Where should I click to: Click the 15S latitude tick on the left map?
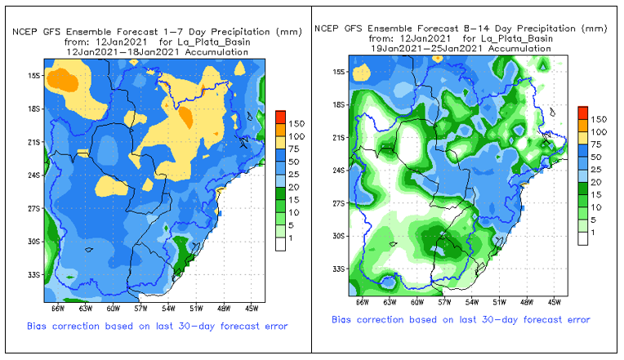pyautogui.click(x=34, y=76)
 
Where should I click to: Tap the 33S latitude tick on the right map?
pyautogui.click(x=338, y=269)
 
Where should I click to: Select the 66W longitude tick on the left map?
pyautogui.click(x=56, y=309)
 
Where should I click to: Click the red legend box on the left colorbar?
pyautogui.click(x=280, y=114)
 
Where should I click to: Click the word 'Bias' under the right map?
pyautogui.click(x=345, y=319)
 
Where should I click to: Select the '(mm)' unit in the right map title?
pyautogui.click(x=596, y=29)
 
